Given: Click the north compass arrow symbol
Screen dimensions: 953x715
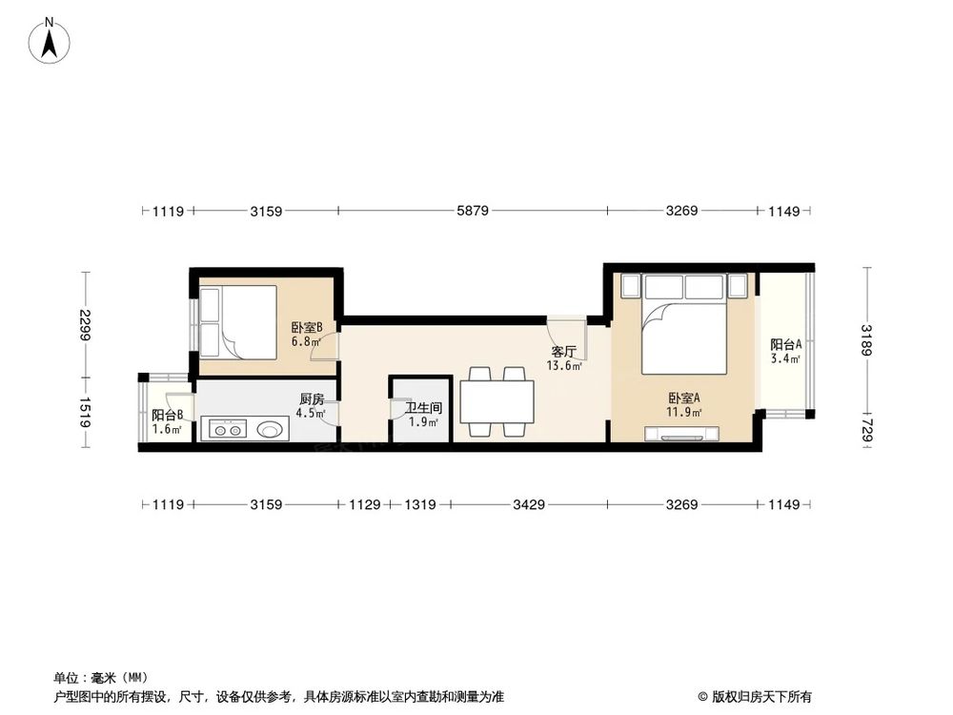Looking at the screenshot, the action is click(50, 42).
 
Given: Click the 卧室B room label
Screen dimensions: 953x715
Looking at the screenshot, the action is click(306, 328).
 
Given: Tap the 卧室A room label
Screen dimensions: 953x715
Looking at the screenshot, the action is click(684, 398).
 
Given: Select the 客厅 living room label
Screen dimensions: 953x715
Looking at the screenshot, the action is click(563, 352).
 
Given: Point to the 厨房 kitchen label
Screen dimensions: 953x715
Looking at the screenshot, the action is click(312, 399).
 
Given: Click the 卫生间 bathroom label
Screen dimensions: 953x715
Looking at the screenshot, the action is click(424, 408).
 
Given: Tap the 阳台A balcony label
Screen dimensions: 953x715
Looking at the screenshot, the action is click(786, 344).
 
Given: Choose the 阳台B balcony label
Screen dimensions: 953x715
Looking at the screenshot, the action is click(167, 416).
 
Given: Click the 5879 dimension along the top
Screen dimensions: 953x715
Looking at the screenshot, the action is click(473, 211).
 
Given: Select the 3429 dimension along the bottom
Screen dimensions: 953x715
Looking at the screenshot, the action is click(529, 504).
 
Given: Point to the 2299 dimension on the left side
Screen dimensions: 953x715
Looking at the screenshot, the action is click(85, 325).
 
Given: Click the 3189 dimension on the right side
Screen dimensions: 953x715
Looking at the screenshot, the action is click(866, 340).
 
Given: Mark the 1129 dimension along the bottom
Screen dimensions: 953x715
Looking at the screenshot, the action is click(364, 504).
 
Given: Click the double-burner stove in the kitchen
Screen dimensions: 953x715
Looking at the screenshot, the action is click(228, 429).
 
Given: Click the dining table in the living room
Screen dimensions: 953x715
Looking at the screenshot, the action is click(497, 402).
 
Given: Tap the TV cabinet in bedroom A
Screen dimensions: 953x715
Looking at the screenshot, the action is click(681, 434).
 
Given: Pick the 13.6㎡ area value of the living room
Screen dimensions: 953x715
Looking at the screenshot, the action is click(564, 365).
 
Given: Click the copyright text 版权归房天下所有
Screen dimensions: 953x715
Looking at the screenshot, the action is click(760, 696).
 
